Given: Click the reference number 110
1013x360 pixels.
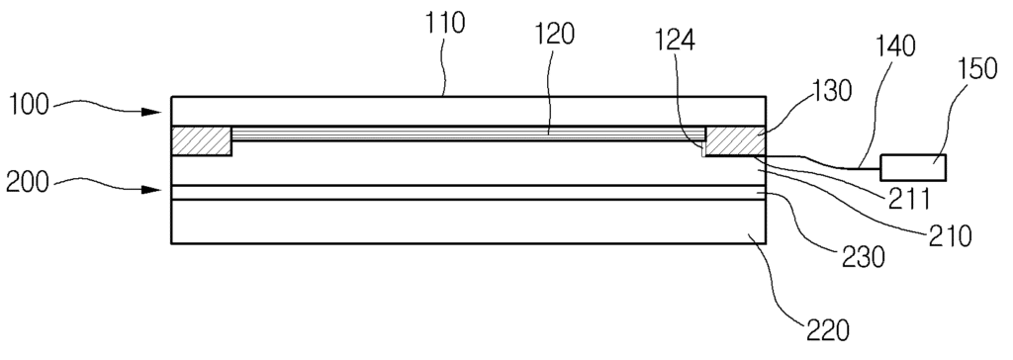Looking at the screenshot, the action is click(x=445, y=24).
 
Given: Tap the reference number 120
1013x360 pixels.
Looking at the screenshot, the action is click(x=554, y=35).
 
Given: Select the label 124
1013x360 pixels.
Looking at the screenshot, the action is click(x=675, y=41).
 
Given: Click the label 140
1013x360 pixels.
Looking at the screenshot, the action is click(x=895, y=46).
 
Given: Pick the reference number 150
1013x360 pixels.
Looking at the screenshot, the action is click(x=977, y=68).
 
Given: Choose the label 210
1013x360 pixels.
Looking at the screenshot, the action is click(x=951, y=236).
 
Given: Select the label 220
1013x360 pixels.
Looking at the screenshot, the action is click(x=828, y=330).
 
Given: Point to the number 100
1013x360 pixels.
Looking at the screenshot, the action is click(x=28, y=105).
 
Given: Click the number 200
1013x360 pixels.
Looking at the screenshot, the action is click(x=28, y=183).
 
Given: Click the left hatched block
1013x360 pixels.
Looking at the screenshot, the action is click(x=202, y=140).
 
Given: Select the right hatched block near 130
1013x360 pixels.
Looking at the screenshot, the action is click(x=736, y=140).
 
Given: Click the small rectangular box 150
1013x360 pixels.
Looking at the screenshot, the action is click(x=913, y=167).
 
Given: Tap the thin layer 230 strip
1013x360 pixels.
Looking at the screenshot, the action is click(x=468, y=193).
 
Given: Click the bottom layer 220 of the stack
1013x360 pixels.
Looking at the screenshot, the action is click(x=468, y=222).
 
